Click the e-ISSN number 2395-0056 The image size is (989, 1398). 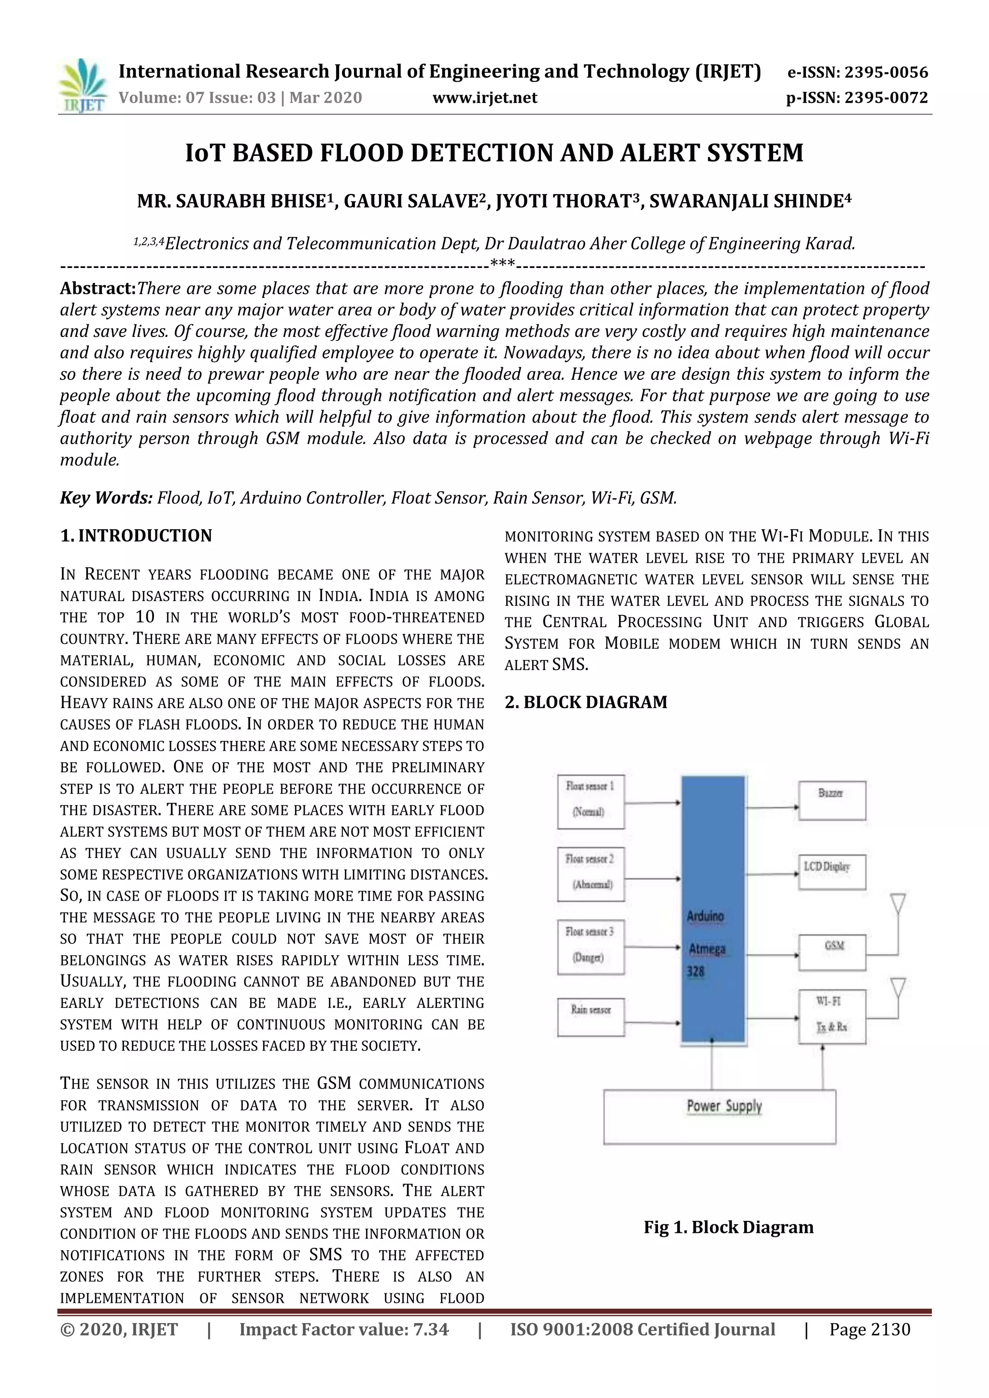886,72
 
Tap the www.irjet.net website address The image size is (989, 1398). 485,98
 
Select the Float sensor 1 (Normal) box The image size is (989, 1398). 590,801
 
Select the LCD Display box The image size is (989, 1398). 832,872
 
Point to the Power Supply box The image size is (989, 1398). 719,1116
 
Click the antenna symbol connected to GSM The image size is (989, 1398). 898,904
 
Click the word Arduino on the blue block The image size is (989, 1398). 705,916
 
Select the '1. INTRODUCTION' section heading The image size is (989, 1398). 136,536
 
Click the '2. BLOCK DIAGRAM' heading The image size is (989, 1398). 586,702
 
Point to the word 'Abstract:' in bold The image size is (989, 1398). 98,288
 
